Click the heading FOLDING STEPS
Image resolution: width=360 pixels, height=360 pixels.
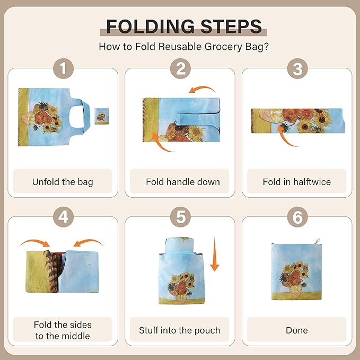coord(183,26)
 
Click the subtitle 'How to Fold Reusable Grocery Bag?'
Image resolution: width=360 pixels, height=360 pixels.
coord(183,47)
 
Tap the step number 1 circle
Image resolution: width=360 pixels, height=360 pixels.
coord(63,69)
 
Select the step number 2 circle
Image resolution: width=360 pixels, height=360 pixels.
coord(180,69)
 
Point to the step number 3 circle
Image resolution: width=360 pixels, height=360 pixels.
coord(297,69)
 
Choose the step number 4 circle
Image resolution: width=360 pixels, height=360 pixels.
coord(63,216)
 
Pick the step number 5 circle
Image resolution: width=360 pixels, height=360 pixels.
coord(180,216)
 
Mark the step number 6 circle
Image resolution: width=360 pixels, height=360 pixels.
coord(297,216)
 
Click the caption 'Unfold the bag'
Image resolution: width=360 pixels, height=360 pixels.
coord(63,182)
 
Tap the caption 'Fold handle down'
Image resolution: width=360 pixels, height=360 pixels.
coord(182,182)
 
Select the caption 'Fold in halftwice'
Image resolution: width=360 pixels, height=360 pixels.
coord(296,182)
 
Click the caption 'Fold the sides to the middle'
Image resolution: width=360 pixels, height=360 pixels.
coord(63,330)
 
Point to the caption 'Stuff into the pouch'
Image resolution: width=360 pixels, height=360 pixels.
coord(179,330)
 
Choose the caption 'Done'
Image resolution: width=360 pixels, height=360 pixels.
coord(296,330)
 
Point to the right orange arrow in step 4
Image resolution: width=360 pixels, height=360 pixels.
coord(87,243)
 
